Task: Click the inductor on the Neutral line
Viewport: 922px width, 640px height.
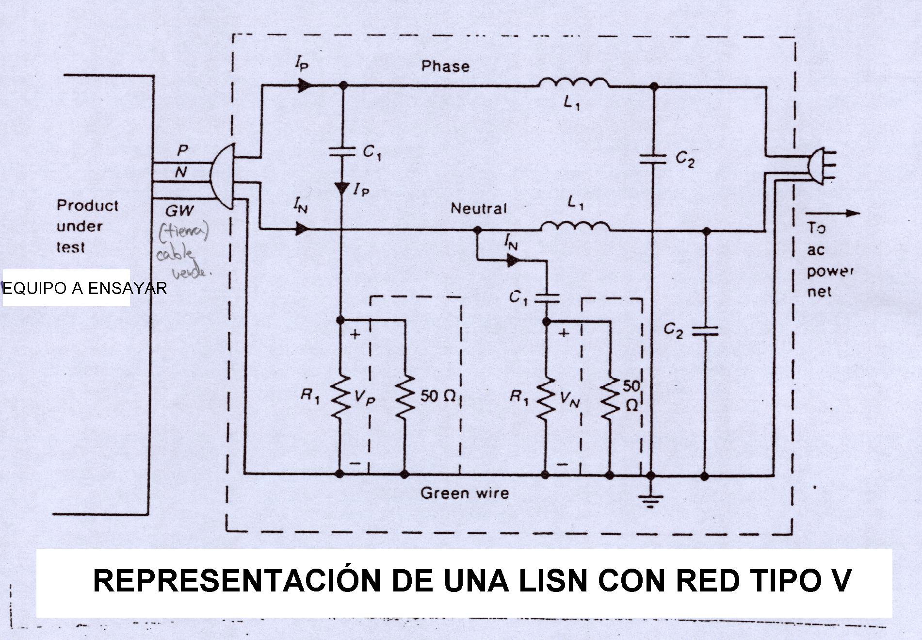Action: (575, 227)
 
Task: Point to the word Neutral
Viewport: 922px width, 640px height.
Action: (478, 209)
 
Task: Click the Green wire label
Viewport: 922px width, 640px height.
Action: (465, 493)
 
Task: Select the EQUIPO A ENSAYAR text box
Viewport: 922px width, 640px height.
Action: (66, 288)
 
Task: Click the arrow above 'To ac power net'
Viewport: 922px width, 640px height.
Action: (832, 213)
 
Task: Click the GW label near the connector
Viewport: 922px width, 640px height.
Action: (179, 211)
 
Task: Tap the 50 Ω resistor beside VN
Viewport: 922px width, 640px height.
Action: (610, 395)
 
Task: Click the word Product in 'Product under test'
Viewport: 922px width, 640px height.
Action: (87, 205)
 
